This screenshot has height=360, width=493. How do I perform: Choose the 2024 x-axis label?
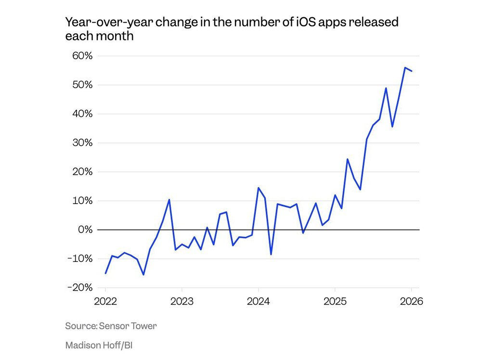(x=259, y=302)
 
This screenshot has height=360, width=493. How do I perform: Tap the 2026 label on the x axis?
(x=411, y=302)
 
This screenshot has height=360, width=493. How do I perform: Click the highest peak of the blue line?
(x=405, y=68)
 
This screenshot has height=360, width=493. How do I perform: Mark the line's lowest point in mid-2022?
(x=143, y=274)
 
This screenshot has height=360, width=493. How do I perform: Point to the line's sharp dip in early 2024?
(x=271, y=254)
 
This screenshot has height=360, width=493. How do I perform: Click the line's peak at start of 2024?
(x=259, y=188)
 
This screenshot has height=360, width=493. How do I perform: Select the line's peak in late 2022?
(x=169, y=199)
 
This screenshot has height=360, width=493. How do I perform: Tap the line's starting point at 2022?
(x=105, y=273)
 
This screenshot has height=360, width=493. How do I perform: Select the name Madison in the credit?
(x=82, y=345)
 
